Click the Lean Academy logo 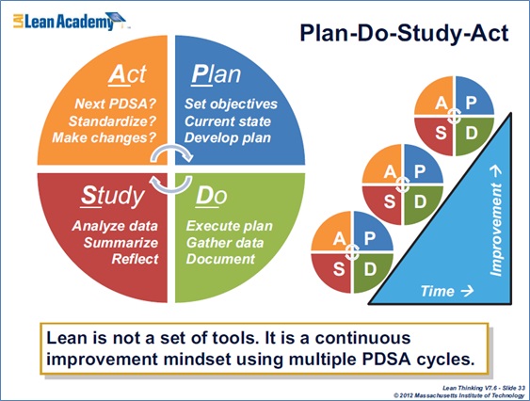[70, 21]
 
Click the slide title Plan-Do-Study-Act [404, 33]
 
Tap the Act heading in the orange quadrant [127, 74]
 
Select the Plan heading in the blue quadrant [216, 74]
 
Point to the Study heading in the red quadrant [113, 197]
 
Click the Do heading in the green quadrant [211, 196]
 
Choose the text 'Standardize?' [113, 121]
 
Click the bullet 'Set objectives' [231, 104]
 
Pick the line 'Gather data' [225, 243]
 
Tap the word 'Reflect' [135, 259]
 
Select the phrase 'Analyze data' [115, 226]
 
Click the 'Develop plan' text [228, 138]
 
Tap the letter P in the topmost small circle [472, 102]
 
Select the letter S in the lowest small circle [339, 269]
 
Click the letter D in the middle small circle [421, 201]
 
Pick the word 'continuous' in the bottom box [362, 338]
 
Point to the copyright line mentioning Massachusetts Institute [459, 395]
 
